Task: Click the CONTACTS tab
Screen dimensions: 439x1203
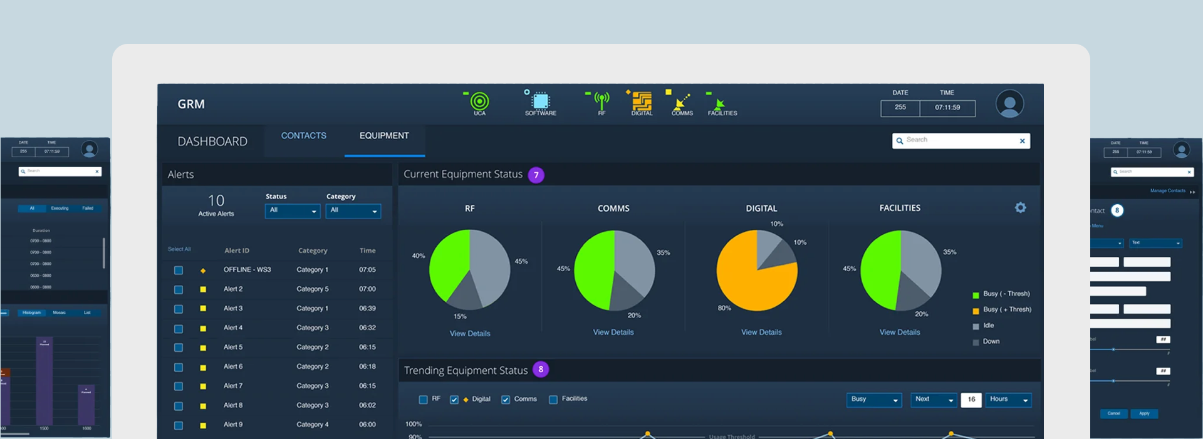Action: pos(303,136)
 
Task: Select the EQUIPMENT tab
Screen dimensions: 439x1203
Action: pos(384,136)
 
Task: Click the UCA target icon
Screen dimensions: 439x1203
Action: pos(479,101)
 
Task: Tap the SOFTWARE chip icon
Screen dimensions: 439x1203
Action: pos(540,101)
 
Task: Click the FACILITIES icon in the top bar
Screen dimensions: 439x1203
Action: pos(721,104)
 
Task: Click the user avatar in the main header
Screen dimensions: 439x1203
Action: pos(1009,104)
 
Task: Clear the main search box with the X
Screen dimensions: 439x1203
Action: pos(1022,141)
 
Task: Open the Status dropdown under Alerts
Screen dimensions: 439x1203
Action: pos(293,211)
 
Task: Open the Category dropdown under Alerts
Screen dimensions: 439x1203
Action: pos(353,211)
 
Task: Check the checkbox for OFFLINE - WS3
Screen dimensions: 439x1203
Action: pos(179,271)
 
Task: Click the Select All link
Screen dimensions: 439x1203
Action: pos(179,249)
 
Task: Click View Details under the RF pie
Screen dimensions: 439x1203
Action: pos(470,334)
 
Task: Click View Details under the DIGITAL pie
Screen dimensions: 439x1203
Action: pos(761,333)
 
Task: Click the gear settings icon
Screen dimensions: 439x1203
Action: pos(1021,208)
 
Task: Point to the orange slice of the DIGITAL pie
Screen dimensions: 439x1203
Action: pos(746,282)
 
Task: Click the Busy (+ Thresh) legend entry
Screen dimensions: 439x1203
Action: pos(1006,309)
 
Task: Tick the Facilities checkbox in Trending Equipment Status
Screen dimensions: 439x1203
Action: pos(553,400)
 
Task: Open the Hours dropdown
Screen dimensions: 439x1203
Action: pos(1008,400)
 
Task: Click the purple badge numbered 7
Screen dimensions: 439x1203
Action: pos(536,175)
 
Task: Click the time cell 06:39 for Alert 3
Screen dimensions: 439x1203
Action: pos(367,309)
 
